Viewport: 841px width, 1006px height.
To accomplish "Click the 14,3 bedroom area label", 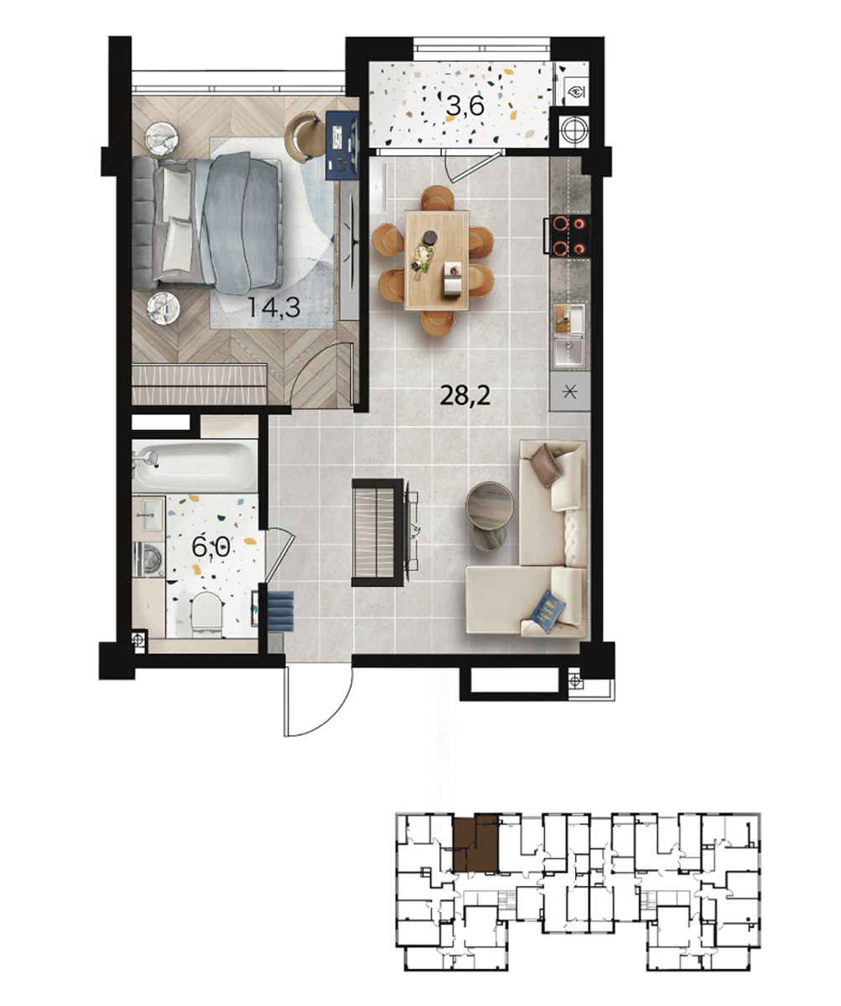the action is tap(273, 308).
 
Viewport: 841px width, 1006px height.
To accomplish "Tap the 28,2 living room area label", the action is tap(465, 396).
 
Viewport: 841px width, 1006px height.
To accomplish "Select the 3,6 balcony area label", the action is tap(465, 106).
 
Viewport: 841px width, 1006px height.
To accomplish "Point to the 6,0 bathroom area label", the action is tap(210, 547).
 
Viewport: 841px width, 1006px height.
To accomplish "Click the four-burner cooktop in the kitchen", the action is tap(568, 236).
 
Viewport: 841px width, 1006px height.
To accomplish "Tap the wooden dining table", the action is tap(437, 260).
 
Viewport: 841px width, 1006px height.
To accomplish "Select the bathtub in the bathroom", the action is tap(195, 466).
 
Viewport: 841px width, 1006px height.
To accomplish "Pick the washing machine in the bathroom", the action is tap(149, 559).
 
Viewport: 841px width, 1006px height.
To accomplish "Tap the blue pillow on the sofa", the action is tap(548, 610).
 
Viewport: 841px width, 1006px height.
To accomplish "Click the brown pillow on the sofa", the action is tap(546, 465).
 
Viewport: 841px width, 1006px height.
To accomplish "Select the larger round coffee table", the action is tap(490, 506).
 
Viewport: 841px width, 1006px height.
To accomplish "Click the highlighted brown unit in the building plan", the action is tap(475, 843).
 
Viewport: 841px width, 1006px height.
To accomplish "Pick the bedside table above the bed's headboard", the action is tap(163, 138).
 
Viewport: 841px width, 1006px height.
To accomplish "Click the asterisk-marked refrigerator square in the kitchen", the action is tap(570, 392).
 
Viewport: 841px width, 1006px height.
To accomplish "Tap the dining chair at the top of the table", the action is tap(437, 198).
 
